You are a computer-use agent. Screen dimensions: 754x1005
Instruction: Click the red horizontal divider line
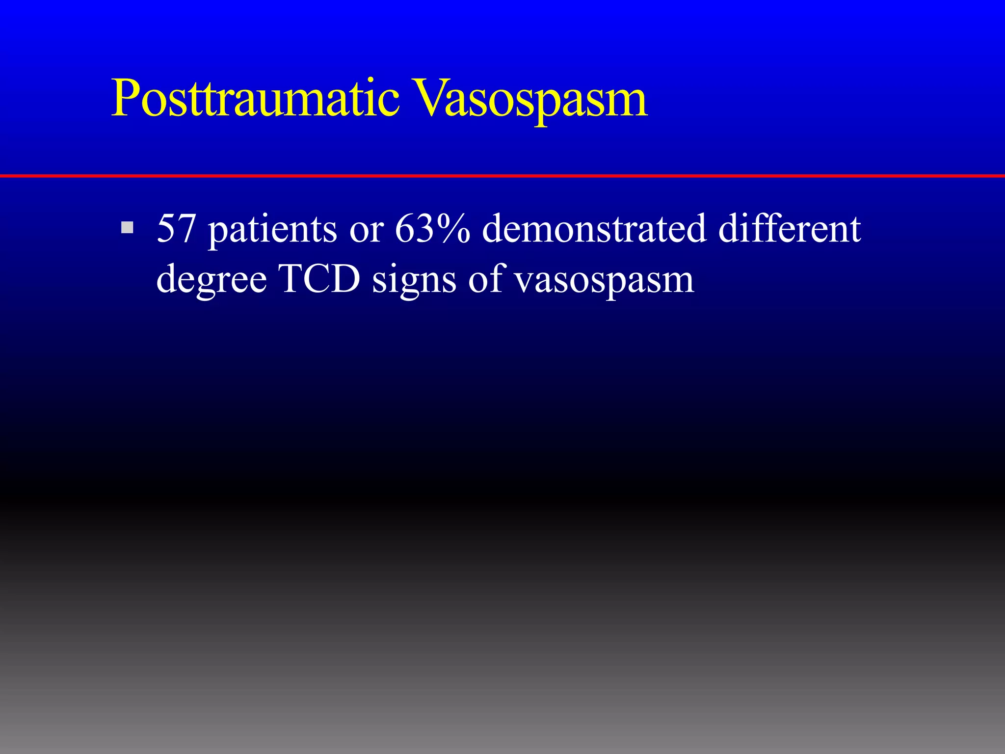502,175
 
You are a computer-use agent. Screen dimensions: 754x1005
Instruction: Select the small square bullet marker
127,227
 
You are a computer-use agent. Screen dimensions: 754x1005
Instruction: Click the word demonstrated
594,229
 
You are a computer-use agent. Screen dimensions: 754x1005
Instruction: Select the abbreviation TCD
319,279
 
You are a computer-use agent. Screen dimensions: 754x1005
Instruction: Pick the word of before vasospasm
485,279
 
